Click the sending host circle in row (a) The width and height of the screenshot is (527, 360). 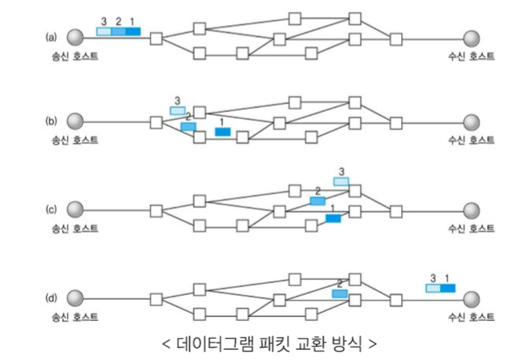click(x=75, y=37)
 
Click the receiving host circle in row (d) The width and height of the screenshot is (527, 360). click(x=471, y=299)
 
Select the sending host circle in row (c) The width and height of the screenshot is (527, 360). click(x=75, y=210)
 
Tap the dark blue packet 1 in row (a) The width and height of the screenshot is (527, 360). click(x=132, y=32)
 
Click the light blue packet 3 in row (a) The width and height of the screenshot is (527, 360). click(x=103, y=32)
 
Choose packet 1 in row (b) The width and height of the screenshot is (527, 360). click(x=223, y=131)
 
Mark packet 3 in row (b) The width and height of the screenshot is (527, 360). click(x=177, y=110)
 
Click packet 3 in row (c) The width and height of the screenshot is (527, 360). click(x=341, y=182)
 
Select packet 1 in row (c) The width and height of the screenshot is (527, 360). click(x=333, y=218)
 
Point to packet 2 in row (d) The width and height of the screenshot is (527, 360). click(x=339, y=293)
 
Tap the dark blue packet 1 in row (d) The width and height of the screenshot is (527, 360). click(x=447, y=288)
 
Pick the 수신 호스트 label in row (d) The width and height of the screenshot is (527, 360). click(x=471, y=317)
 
